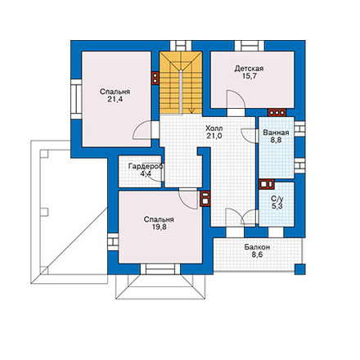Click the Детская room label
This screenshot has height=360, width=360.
pyautogui.click(x=249, y=69)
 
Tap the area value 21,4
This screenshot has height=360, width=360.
pyautogui.click(x=115, y=100)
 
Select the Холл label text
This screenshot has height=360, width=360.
pyautogui.click(x=214, y=128)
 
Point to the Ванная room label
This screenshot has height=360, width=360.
pyautogui.click(x=276, y=133)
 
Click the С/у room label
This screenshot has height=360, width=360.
pyautogui.click(x=277, y=199)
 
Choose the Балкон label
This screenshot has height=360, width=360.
pyautogui.click(x=257, y=247)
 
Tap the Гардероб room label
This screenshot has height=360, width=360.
pyautogui.click(x=146, y=166)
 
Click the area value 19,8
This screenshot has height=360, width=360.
pyautogui.click(x=159, y=227)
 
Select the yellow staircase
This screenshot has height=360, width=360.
pyautogui.click(x=181, y=83)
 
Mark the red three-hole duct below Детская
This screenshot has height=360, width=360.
pyautogui.click(x=277, y=112)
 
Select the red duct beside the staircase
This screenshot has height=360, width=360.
pyautogui.click(x=155, y=78)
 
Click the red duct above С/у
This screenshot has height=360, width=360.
pyautogui.click(x=267, y=184)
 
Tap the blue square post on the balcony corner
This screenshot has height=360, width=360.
pyautogui.click(x=300, y=269)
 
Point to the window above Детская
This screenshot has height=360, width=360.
pyautogui.click(x=250, y=46)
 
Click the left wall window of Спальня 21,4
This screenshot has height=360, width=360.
pyautogui.click(x=76, y=99)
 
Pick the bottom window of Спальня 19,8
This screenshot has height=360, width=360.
pyautogui.click(x=160, y=269)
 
